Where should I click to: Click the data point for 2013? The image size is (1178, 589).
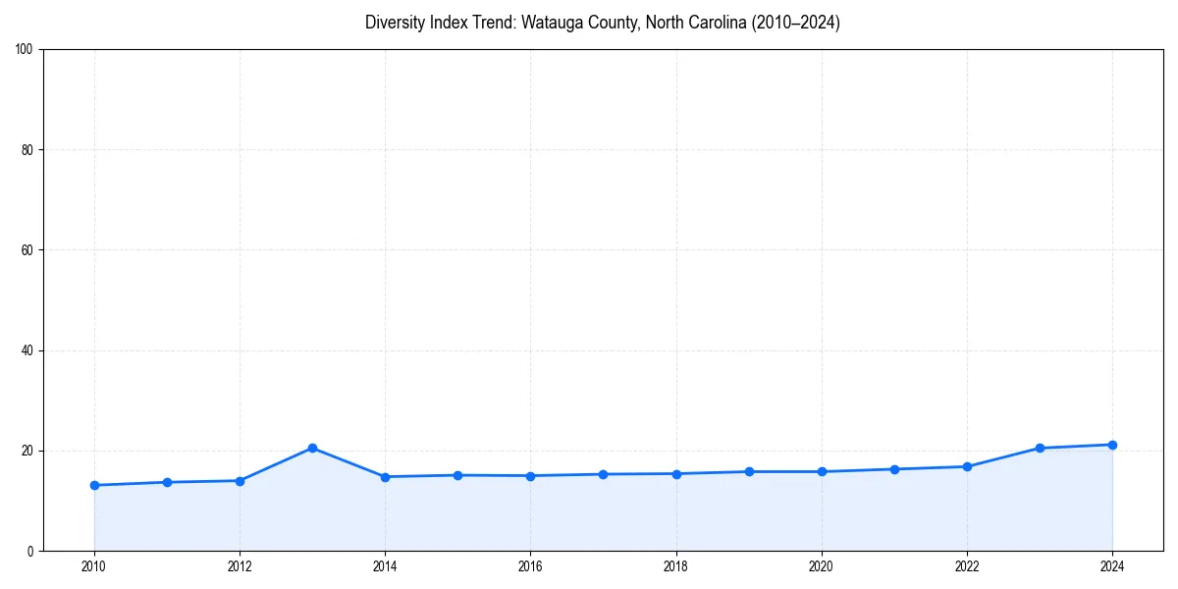(312, 448)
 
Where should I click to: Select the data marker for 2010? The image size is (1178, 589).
(94, 485)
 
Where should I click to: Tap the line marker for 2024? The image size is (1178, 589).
(1112, 445)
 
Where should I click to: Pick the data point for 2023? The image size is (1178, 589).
(1040, 448)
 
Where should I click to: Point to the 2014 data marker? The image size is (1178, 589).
(385, 477)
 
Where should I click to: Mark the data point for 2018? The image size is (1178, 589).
(676, 473)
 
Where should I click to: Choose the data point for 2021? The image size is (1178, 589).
(894, 469)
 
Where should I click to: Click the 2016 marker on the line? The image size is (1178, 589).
(530, 476)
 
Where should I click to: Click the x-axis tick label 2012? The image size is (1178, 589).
(240, 565)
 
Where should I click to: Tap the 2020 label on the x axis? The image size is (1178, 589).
(822, 565)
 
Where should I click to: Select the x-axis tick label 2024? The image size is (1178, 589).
(1112, 565)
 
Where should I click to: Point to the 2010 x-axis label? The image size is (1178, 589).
(94, 565)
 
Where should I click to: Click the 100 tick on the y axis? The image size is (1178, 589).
(26, 50)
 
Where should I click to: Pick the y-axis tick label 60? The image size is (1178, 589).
(28, 250)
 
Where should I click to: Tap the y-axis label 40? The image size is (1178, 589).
(28, 350)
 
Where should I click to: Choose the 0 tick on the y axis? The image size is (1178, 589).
(31, 551)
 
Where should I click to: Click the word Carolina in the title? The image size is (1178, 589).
(717, 23)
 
